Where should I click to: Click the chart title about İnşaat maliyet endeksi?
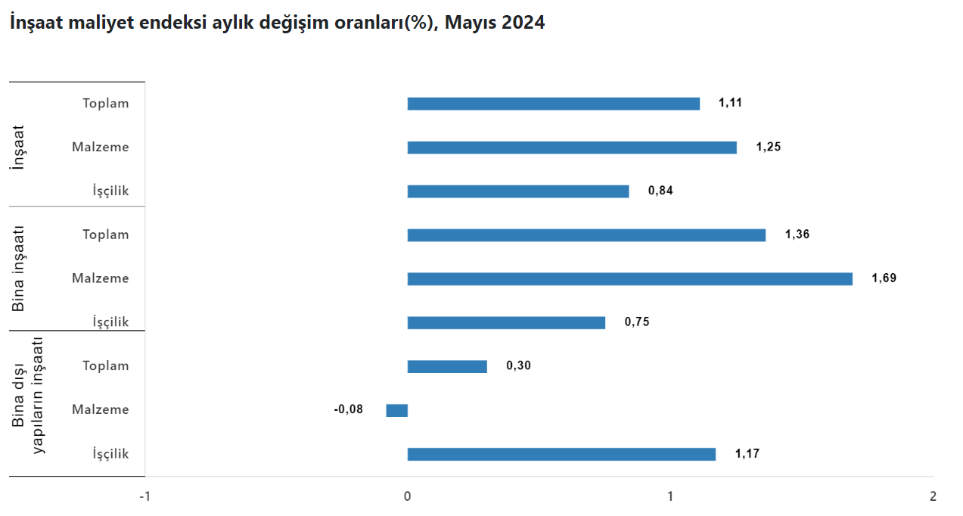tap(277, 23)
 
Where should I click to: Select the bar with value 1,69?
tap(629, 279)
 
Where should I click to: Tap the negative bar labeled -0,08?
tap(397, 410)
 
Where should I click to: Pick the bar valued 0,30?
tap(447, 367)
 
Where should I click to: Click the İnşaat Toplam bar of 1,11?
tap(553, 104)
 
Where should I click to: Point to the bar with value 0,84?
tap(518, 191)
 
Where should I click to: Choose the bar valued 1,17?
tap(561, 454)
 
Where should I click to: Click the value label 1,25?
tap(768, 147)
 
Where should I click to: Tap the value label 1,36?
tap(797, 235)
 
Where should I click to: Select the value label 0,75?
tap(636, 322)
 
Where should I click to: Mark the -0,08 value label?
tap(349, 409)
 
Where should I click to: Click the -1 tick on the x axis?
tap(144, 497)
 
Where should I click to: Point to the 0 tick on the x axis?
tap(407, 497)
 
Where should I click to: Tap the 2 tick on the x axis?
tap(933, 497)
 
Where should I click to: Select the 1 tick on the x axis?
tap(670, 497)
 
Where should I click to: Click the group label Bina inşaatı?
tap(20, 269)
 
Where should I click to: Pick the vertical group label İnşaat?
tap(20, 146)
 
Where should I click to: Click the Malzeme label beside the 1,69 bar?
tap(101, 278)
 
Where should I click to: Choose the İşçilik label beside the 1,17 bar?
tap(110, 454)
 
